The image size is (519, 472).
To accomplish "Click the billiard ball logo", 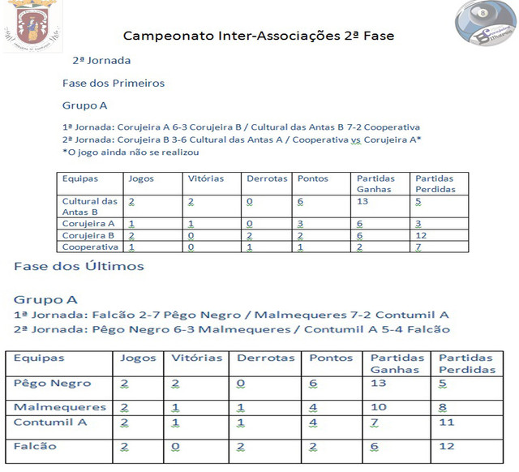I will pos(485,26).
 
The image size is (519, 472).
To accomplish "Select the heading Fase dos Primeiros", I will pos(114,83).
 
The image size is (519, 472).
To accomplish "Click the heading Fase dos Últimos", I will pos(79,266).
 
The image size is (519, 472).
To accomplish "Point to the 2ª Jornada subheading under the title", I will pos(101,60).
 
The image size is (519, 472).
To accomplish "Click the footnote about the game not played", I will pos(131,152).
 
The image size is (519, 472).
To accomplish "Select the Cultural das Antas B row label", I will pos(89,206).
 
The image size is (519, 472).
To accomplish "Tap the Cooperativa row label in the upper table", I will pos(90,247).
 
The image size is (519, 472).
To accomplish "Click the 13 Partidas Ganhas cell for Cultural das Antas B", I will pos(363,201).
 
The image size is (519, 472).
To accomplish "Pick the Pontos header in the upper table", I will pos(312,178).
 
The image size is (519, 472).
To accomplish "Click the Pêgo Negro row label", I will pos(53,383).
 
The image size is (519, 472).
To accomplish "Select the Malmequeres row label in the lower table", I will pos(60,407).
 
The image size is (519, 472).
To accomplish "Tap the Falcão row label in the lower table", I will pos(36,446).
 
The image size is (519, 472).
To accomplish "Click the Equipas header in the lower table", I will pos(40,358).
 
